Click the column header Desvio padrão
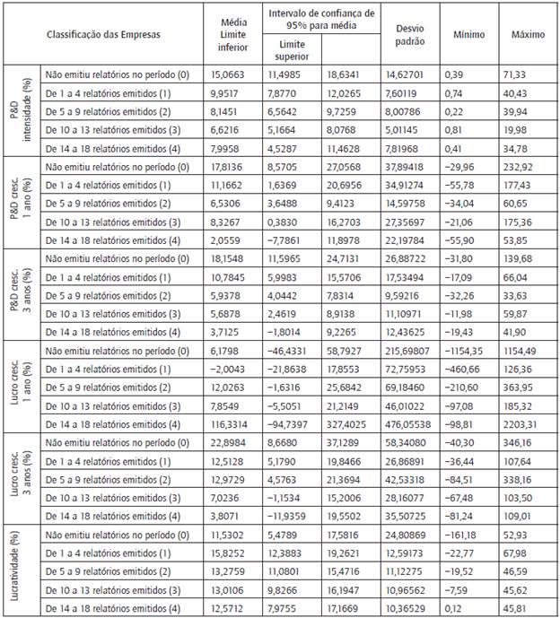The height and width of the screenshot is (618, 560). [x=410, y=34]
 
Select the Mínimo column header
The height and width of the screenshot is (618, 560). [x=469, y=34]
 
